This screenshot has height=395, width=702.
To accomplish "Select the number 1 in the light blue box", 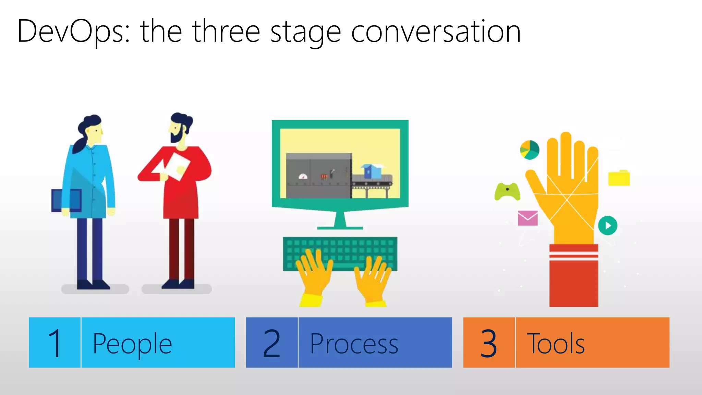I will point(55,343).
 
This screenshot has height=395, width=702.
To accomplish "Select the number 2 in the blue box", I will point(272,343).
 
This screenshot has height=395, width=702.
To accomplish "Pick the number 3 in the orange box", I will point(489,343).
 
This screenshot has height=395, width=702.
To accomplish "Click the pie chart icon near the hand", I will point(530,150).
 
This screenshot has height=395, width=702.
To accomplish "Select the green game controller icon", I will point(507,192).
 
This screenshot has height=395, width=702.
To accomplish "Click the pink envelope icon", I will point(528,218).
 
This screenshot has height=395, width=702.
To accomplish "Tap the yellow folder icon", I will point(619,178).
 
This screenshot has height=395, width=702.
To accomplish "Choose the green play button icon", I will point(607,225).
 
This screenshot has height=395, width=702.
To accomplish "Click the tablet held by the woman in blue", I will point(66,200).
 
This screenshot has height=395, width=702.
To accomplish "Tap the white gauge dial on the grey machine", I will point(303,177).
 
